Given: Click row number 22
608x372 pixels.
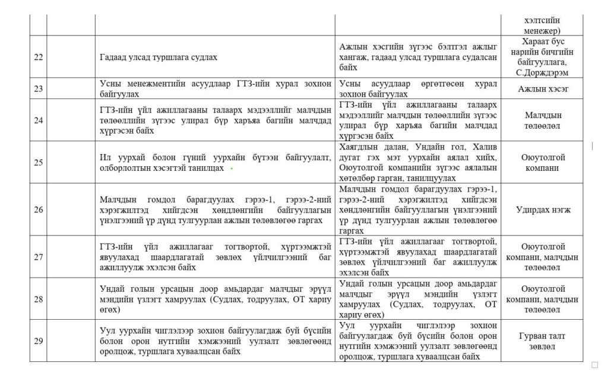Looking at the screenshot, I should click(x=39, y=58).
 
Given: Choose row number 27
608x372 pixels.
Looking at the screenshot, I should click(x=39, y=256).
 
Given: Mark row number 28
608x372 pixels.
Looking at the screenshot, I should click(x=39, y=299).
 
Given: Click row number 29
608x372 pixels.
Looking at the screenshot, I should click(x=39, y=341).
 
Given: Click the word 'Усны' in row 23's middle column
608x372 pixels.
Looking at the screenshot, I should click(x=350, y=84).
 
